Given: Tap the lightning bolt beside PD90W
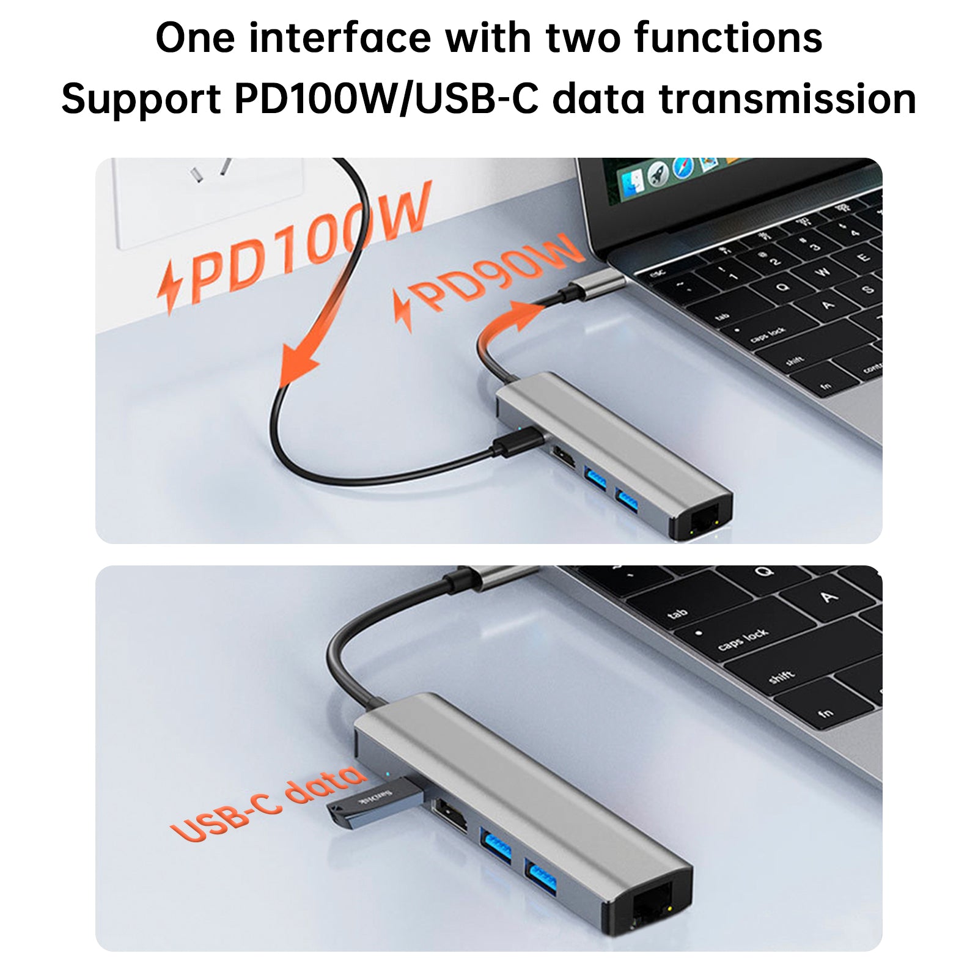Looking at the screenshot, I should coord(402,312).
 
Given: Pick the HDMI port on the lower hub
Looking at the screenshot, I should coord(449,816).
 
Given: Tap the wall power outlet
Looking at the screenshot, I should coord(208,196).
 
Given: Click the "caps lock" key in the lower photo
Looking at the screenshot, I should coord(743,639).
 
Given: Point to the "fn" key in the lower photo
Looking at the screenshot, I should coord(825,712).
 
